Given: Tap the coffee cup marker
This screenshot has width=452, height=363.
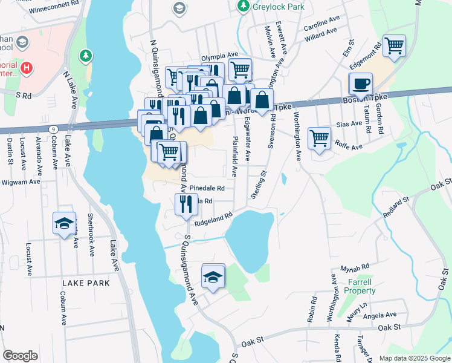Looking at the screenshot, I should pyautogui.click(x=361, y=84).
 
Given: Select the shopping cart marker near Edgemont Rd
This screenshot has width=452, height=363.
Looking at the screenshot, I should pyautogui.click(x=394, y=46).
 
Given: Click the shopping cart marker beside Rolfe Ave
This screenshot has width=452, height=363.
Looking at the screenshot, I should pyautogui.click(x=319, y=139).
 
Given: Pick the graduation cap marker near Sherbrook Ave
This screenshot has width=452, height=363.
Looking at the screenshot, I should pyautogui.click(x=63, y=224).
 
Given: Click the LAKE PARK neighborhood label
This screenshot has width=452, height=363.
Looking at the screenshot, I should pyautogui.click(x=85, y=283).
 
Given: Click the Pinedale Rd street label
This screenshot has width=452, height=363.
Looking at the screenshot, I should pyautogui.click(x=207, y=188).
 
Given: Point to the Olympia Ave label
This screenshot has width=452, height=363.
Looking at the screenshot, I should pyautogui.click(x=217, y=54).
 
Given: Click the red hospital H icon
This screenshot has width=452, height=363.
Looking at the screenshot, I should pyautogui.click(x=26, y=67).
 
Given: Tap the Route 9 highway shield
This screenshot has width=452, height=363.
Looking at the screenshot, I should pyautogui.click(x=54, y=128).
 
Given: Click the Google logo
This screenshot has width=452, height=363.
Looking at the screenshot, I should pyautogui.click(x=20, y=356).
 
